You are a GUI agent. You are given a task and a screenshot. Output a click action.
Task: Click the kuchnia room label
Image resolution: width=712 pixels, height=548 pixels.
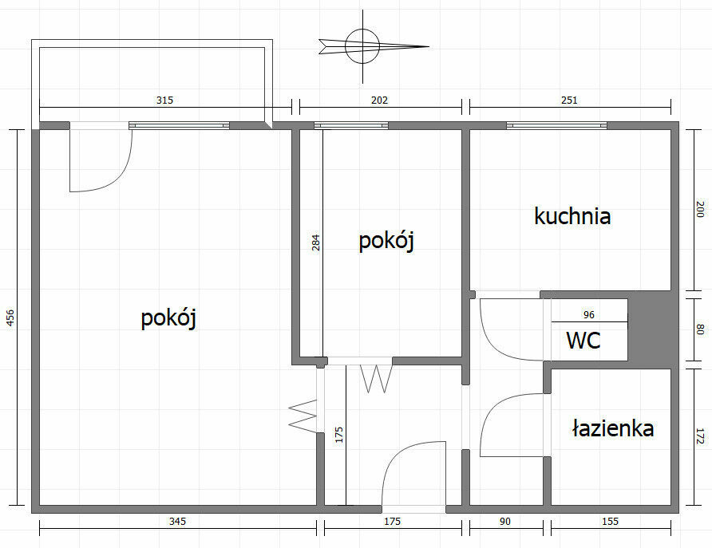pyautogui.click(x=572, y=216)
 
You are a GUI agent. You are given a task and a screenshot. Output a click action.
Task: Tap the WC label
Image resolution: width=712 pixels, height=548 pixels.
pyautogui.click(x=583, y=341)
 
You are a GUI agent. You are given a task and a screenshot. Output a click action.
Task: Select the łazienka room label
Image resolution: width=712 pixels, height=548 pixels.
pyautogui.click(x=613, y=428)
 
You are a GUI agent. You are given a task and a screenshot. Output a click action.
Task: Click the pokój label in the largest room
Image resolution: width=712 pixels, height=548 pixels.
pyautogui.click(x=168, y=318)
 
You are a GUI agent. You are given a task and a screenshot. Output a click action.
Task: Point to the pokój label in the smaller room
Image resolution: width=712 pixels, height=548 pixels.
pyautogui.click(x=386, y=241)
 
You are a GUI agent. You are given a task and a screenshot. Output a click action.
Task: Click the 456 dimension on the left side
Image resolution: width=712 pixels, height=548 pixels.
pyautogui.click(x=11, y=317)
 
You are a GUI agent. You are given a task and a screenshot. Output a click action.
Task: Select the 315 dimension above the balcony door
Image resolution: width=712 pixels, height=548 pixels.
pyautogui.click(x=165, y=101)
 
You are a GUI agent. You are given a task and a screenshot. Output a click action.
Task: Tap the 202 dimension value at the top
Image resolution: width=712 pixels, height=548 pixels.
pyautogui.click(x=380, y=101)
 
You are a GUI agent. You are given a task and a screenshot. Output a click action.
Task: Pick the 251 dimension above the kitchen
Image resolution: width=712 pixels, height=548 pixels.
pyautogui.click(x=569, y=101)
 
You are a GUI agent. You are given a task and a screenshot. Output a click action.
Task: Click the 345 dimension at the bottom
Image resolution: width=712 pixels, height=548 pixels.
pyautogui.click(x=177, y=522)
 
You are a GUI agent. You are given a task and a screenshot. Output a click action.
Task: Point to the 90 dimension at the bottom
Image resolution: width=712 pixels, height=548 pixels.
pyautogui.click(x=505, y=522)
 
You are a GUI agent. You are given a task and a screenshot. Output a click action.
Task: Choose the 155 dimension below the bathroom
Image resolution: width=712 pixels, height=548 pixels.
pyautogui.click(x=611, y=522)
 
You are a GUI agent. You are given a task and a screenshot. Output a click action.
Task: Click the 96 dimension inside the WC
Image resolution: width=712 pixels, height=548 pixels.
pyautogui.click(x=589, y=315)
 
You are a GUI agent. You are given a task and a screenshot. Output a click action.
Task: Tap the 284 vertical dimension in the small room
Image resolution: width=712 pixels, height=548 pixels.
pyautogui.click(x=316, y=242)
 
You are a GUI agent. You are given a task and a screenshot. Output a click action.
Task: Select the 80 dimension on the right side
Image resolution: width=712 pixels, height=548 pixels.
pyautogui.click(x=700, y=329)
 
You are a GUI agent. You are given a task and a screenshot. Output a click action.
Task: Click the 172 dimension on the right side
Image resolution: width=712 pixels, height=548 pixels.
pyautogui.click(x=700, y=436)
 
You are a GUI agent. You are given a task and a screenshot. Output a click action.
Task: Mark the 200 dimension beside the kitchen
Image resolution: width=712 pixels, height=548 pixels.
pyautogui.click(x=700, y=209)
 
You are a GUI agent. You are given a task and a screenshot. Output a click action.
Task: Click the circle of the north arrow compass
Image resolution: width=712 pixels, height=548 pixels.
pyautogui.click(x=362, y=45)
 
